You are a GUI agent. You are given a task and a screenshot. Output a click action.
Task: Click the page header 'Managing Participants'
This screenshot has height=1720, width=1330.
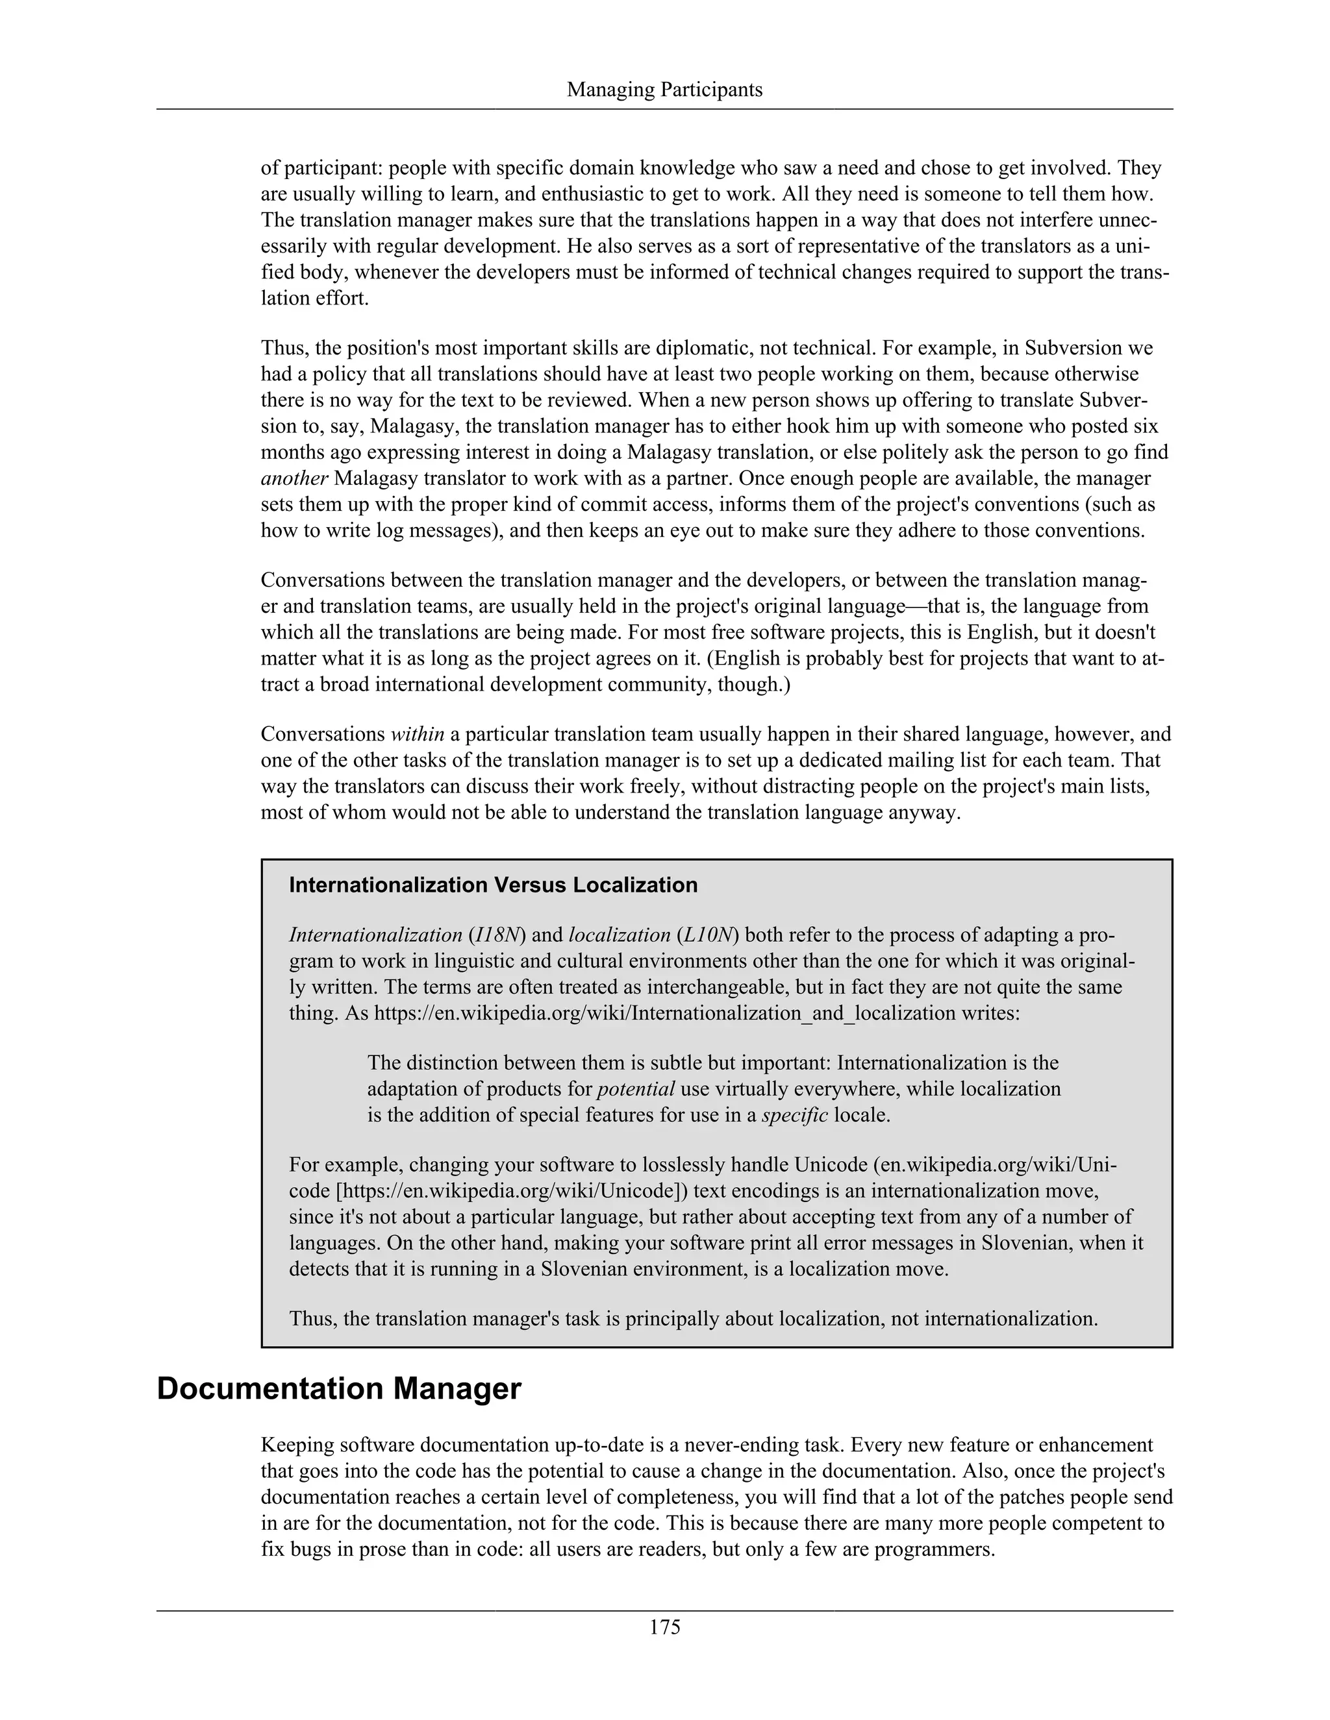click(664, 90)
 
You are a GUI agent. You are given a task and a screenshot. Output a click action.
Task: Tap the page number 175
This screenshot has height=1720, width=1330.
click(664, 1627)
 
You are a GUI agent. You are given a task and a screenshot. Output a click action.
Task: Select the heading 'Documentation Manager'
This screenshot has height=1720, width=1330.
click(339, 1388)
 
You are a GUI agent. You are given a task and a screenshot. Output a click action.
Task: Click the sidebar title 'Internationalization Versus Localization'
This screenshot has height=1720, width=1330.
click(494, 885)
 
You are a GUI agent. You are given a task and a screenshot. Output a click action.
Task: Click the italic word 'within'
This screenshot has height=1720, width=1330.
click(418, 734)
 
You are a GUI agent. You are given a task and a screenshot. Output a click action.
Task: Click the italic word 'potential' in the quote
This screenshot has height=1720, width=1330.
click(636, 1089)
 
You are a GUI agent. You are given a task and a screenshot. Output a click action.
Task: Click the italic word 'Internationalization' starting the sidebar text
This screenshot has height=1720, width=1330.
click(375, 935)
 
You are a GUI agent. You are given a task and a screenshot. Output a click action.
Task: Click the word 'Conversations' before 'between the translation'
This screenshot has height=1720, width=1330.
click(322, 580)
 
